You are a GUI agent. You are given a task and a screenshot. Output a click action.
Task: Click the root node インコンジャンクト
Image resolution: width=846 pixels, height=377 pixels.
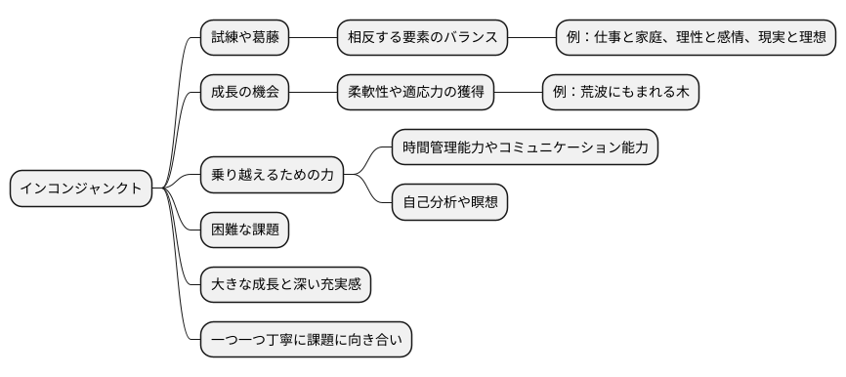pyautogui.click(x=81, y=188)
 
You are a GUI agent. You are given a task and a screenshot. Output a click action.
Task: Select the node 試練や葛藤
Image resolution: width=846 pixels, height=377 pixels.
pyautogui.click(x=244, y=37)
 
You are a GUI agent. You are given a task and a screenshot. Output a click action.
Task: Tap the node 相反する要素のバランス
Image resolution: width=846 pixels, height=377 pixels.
pyautogui.click(x=422, y=37)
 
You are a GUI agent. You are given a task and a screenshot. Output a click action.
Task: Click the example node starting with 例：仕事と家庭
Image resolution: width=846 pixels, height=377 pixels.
pyautogui.click(x=696, y=37)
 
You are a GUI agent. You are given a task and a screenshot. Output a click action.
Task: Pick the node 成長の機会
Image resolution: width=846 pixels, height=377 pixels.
pyautogui.click(x=244, y=93)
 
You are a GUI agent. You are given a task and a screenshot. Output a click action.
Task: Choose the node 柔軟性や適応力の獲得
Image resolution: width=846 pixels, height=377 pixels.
pyautogui.click(x=415, y=93)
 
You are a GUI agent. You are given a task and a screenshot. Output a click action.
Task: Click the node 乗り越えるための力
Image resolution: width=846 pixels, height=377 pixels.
pyautogui.click(x=273, y=176)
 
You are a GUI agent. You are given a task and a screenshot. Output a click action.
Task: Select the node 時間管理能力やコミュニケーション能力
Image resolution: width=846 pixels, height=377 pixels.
pyautogui.click(x=525, y=147)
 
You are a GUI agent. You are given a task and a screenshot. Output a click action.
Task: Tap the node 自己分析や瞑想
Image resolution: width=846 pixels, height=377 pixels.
pyautogui.click(x=449, y=203)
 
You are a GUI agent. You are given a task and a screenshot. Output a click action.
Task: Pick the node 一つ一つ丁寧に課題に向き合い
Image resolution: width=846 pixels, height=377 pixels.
pyautogui.click(x=306, y=341)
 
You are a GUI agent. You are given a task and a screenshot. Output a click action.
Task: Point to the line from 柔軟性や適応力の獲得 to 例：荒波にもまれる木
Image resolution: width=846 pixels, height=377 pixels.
pyautogui.click(x=518, y=93)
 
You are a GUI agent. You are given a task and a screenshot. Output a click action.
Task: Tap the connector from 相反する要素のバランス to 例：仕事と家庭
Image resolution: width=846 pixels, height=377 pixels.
pyautogui.click(x=531, y=37)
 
